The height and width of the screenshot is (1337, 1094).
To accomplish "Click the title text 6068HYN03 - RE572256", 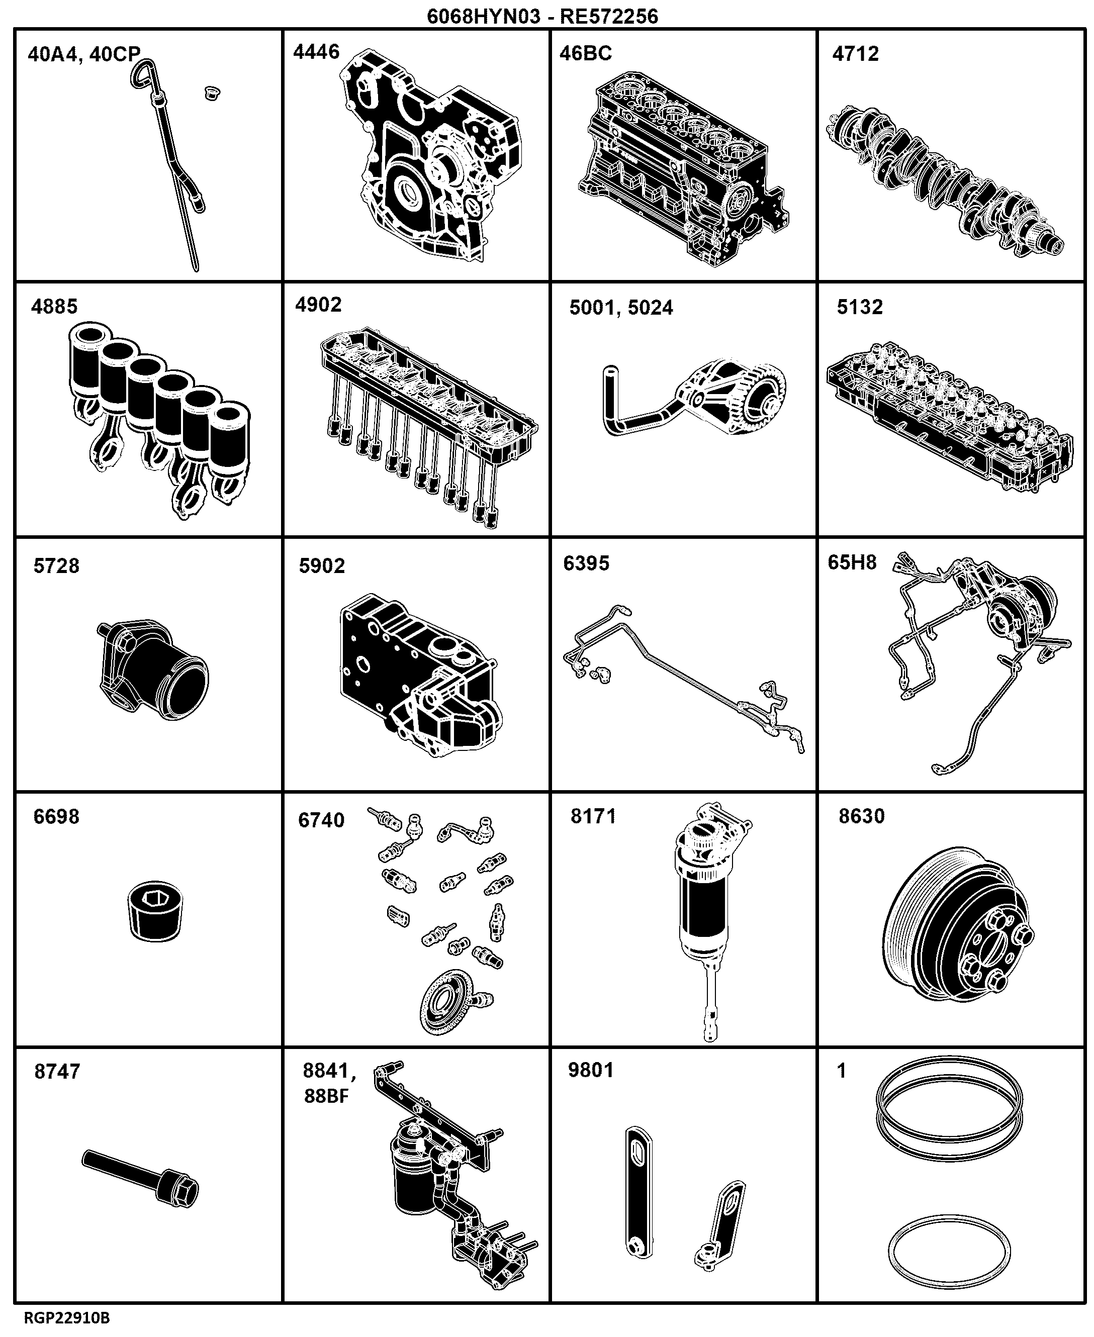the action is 542,15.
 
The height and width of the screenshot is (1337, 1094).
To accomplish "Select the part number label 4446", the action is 316,52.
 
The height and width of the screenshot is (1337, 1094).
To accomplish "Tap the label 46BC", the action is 585,53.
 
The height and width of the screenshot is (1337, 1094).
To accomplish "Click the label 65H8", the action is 852,562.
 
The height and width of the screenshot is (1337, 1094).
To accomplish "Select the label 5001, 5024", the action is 621,308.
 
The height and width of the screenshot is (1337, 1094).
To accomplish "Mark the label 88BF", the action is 326,1096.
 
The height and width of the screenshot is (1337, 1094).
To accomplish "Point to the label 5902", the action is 322,566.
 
